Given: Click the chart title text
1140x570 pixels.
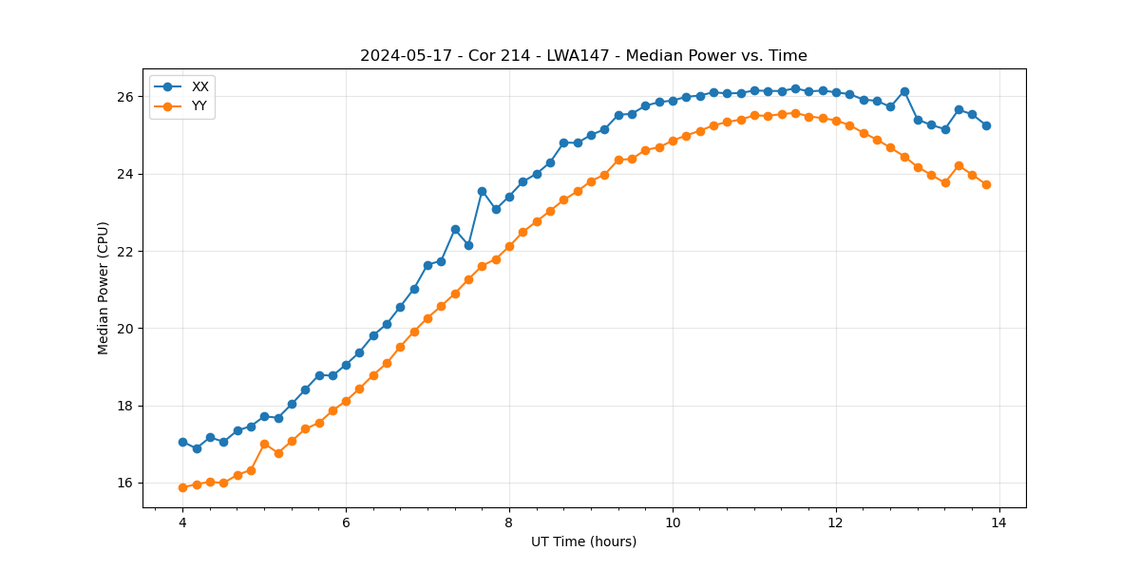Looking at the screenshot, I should pos(583,56).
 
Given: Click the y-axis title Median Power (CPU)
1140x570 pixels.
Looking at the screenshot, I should pos(104,288).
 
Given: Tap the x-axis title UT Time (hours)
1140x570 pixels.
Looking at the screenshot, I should pos(583,541).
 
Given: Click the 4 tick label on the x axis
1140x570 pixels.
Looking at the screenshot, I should pos(182,522).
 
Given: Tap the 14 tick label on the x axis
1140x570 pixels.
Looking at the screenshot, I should pos(998,522).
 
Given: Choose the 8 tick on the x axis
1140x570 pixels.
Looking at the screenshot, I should pos(509,522).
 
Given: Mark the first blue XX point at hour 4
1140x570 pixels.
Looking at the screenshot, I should pos(182,442).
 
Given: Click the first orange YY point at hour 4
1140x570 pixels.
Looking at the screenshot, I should pos(182,487).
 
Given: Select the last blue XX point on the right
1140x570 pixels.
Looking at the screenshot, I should pos(986,125).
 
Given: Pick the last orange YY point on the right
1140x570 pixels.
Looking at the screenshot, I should pos(986,184).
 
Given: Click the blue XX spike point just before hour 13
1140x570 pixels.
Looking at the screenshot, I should pos(904,91).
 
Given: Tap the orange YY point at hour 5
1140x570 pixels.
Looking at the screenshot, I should pos(264,444).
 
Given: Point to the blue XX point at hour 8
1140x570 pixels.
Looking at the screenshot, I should pos(509,197).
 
